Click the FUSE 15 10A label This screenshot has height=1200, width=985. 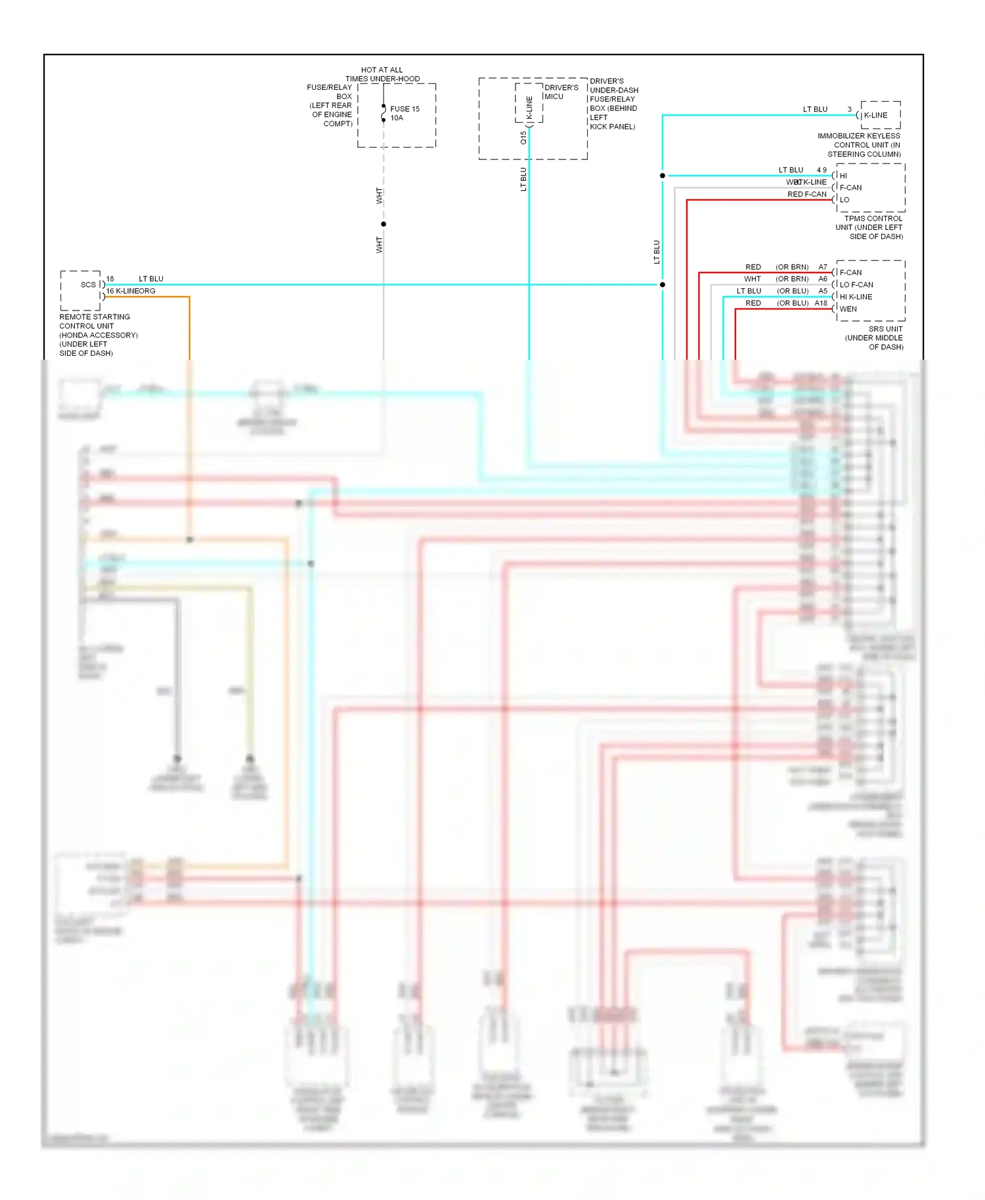click(x=404, y=113)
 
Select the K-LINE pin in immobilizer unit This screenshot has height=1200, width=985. click(x=875, y=115)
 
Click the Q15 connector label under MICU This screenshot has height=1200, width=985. click(x=523, y=138)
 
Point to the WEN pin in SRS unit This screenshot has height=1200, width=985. click(x=848, y=309)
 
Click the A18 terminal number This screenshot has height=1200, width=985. click(x=821, y=303)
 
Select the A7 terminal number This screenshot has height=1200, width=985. click(x=822, y=267)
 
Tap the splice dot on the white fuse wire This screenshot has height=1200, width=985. click(x=383, y=225)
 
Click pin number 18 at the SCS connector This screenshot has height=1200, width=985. click(x=110, y=279)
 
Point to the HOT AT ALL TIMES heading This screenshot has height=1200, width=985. click(x=382, y=74)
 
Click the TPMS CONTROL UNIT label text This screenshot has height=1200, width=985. click(x=870, y=227)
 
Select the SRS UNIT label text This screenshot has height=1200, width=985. click(x=875, y=337)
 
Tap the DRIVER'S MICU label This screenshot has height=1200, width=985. click(x=561, y=91)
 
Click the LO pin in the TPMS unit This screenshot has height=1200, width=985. click(x=844, y=200)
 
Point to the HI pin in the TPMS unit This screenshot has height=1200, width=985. click(x=843, y=176)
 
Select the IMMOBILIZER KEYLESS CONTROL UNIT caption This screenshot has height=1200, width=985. click(x=860, y=144)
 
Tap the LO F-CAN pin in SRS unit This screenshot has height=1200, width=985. click(x=856, y=285)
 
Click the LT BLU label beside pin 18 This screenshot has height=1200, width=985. click(x=150, y=279)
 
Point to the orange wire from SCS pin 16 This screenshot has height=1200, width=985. click(x=189, y=328)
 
